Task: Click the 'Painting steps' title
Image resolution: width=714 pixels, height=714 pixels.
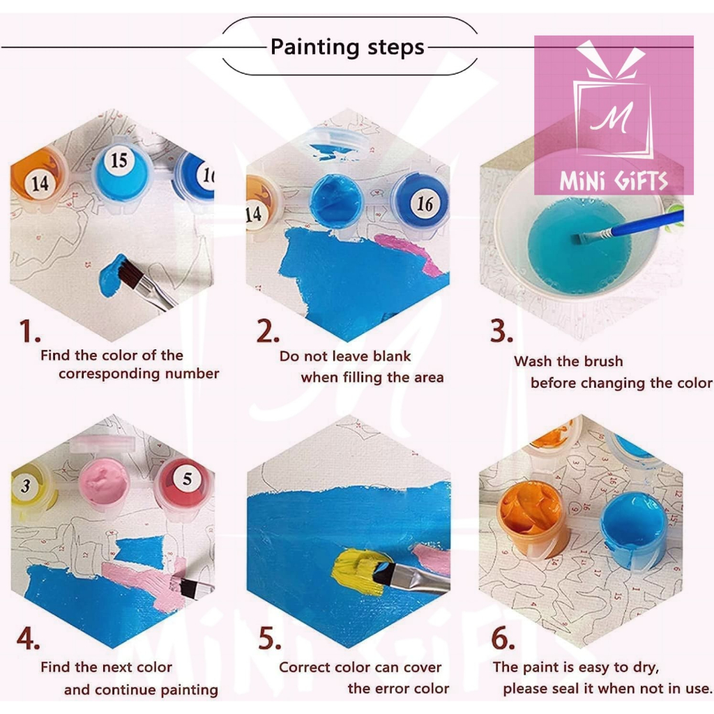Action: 347,47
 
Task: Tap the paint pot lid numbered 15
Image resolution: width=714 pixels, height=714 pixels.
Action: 120,172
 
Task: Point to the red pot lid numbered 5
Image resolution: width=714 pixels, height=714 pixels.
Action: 184,483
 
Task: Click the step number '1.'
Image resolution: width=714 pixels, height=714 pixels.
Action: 29,331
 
